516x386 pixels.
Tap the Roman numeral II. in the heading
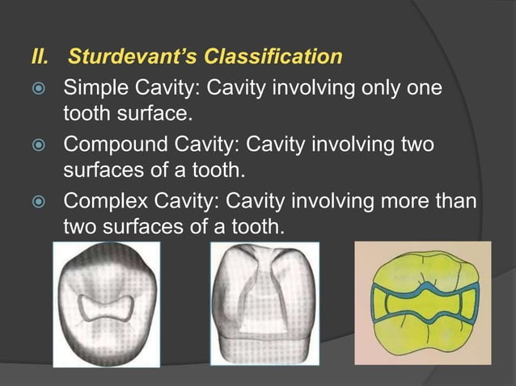[39, 58]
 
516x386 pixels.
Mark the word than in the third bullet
[455, 202]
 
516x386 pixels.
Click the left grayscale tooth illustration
[106, 304]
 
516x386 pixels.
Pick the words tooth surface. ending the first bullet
[126, 114]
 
